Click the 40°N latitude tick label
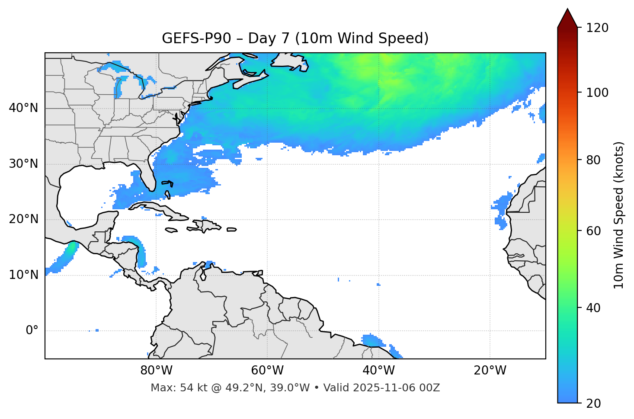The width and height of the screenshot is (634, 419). [24, 108]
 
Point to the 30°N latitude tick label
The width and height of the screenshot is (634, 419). [24, 164]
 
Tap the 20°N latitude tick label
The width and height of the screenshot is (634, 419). [24, 219]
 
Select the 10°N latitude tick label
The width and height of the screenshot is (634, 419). [24, 275]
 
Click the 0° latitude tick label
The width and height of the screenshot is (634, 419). [32, 331]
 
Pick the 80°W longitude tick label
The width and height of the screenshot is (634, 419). [156, 371]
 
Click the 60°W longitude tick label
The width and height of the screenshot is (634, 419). [267, 371]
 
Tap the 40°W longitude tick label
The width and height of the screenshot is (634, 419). [379, 371]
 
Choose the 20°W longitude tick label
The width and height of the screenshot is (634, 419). [490, 371]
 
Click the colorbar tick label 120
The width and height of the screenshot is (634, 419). [598, 28]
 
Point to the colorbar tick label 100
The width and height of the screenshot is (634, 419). [598, 93]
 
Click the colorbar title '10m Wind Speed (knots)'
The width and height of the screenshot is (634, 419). [619, 215]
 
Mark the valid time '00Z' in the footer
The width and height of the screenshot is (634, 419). [431, 388]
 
